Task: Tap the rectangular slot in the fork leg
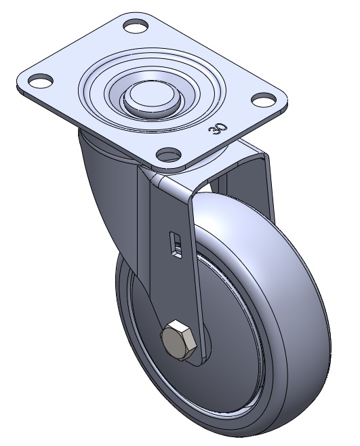pos(176,245)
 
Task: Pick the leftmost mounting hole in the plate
pos(41,81)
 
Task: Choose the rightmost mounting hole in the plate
pos(264,99)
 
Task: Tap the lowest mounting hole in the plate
pos(169,155)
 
